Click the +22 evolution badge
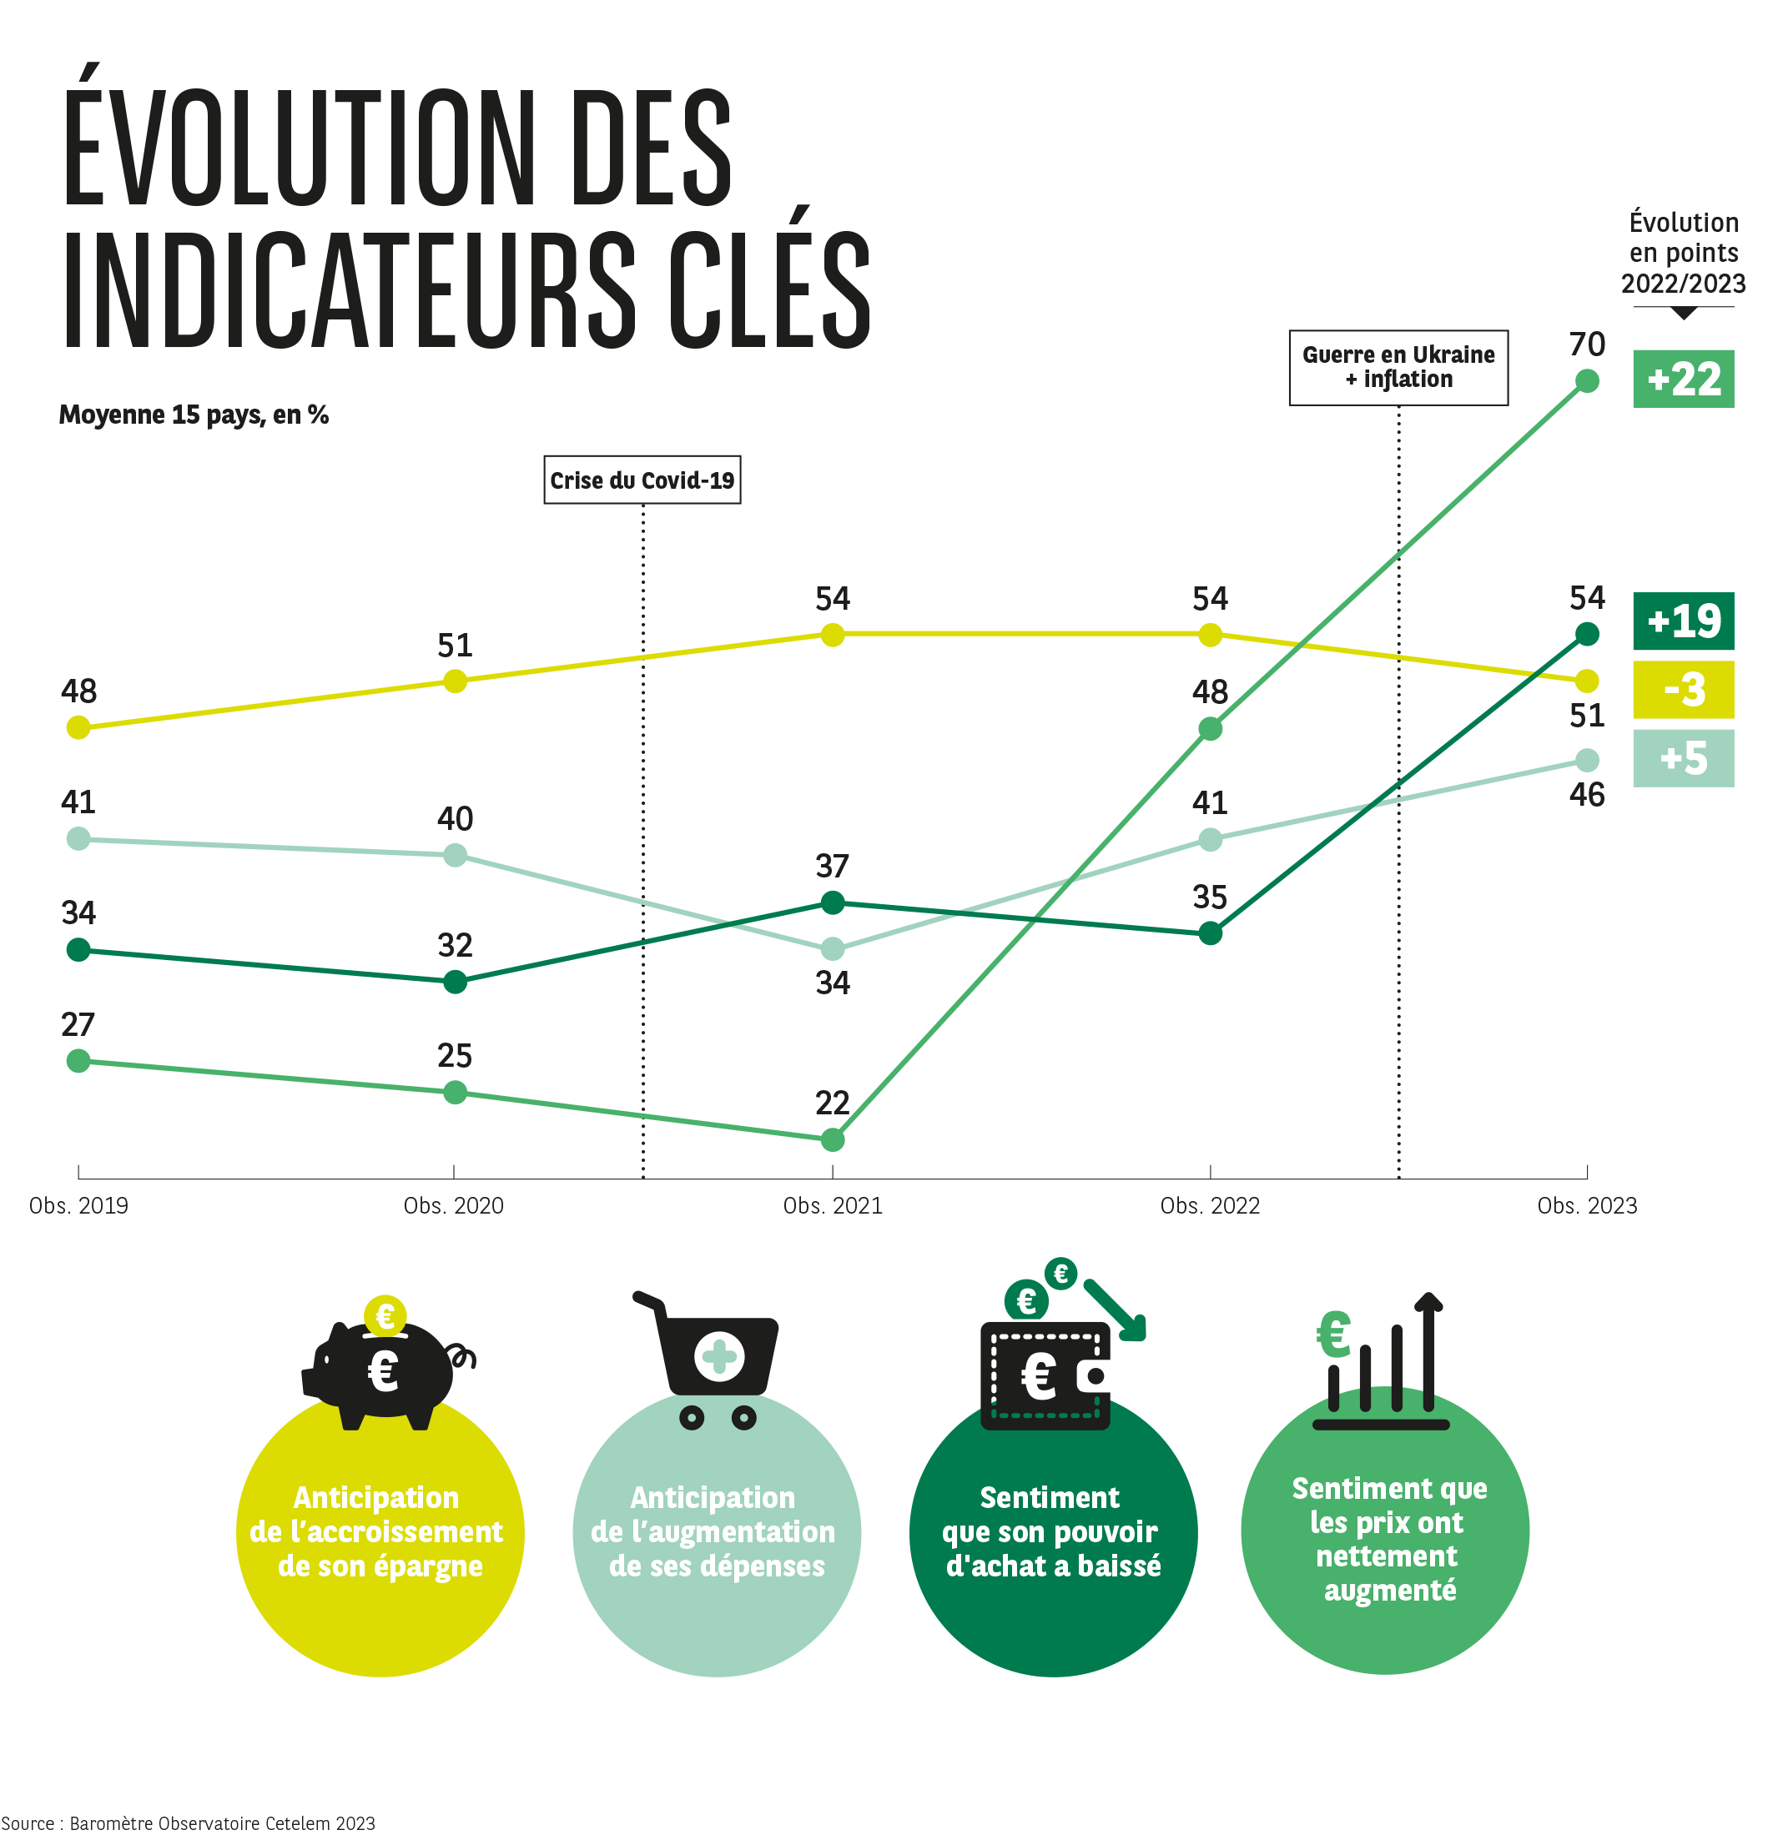[1682, 380]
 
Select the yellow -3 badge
[1682, 690]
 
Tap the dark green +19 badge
[1682, 621]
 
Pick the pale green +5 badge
[1682, 758]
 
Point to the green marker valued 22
[832, 1140]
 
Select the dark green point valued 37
[832, 902]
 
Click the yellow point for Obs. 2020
[454, 681]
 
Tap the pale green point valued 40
[454, 855]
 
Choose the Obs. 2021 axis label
[832, 1206]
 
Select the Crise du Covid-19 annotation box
[642, 480]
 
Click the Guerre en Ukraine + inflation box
[1398, 367]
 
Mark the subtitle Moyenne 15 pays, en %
[194, 415]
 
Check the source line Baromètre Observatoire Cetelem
[188, 1822]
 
